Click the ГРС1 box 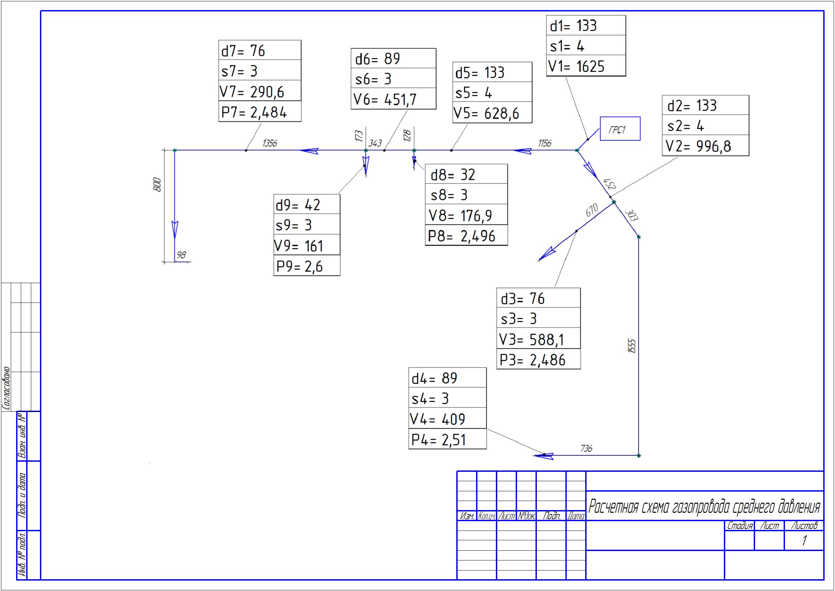click(x=620, y=129)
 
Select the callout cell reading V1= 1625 click(x=586, y=66)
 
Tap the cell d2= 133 click(x=705, y=105)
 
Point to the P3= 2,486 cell click(x=539, y=359)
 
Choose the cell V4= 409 click(x=448, y=418)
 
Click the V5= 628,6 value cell click(x=492, y=112)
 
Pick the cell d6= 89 click(x=393, y=58)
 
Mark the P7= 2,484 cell click(x=260, y=111)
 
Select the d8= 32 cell click(x=466, y=174)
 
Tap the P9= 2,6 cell click(x=307, y=266)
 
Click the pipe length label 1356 click(x=270, y=143)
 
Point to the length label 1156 click(x=545, y=143)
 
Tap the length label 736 click(x=586, y=448)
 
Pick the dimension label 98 click(x=181, y=255)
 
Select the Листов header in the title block click(x=804, y=526)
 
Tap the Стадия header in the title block click(x=739, y=526)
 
